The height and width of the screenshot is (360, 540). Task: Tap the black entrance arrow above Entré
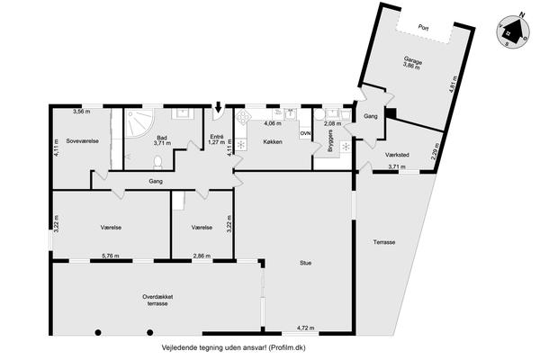point(218,107)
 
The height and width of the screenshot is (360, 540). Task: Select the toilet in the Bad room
point(157,162)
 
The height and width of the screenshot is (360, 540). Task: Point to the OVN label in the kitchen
point(305,133)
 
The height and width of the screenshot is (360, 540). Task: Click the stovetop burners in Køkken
point(244,117)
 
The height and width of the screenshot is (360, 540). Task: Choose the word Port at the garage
point(423,27)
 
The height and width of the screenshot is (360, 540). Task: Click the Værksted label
point(397,155)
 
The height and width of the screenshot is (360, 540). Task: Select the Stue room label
point(305,263)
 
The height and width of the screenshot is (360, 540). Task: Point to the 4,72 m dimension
point(305,328)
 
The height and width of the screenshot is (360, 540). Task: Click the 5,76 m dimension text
point(111,256)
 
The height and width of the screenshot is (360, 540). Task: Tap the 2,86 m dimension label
point(202,256)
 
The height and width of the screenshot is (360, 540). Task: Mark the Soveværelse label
point(83,141)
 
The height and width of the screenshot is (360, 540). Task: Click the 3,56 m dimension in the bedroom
point(82,112)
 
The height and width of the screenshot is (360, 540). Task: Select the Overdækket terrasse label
point(157,300)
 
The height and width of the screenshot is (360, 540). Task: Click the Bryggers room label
point(330,141)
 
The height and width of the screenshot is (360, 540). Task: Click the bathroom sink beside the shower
point(182,113)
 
